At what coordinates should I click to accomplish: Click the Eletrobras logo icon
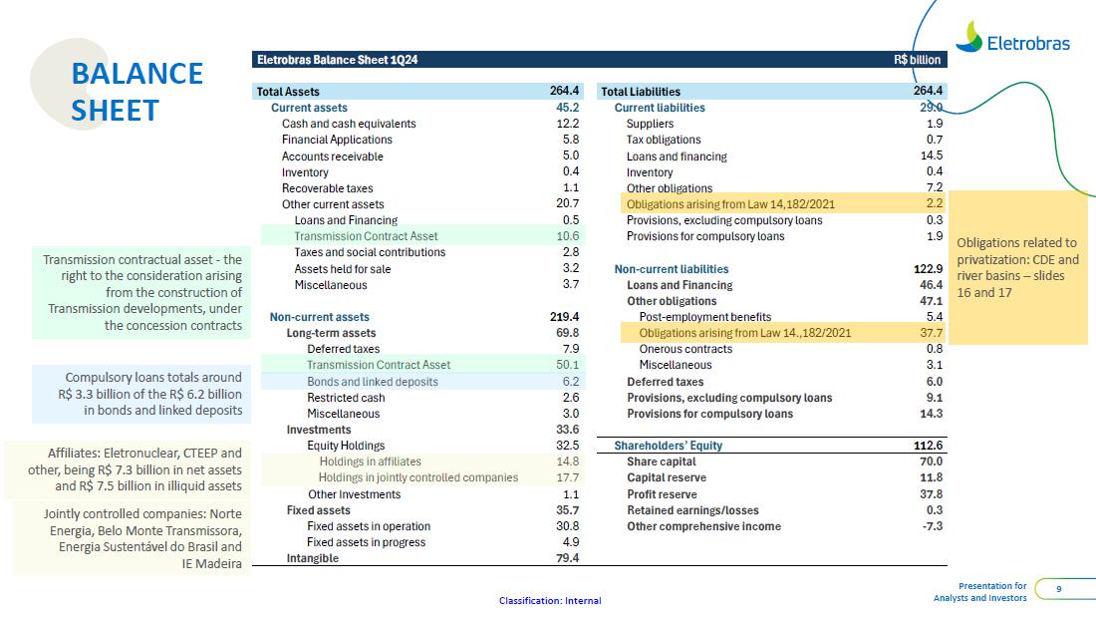point(968,37)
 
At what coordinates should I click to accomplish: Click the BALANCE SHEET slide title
point(137,92)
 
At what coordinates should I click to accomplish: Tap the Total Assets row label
point(288,92)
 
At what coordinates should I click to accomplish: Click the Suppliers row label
point(650,124)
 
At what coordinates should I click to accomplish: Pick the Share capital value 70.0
point(931,462)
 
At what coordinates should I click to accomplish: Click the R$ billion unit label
point(917,60)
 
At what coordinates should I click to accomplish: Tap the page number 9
point(1058,589)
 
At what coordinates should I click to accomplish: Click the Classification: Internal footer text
point(550,601)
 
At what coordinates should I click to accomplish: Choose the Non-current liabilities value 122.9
point(928,269)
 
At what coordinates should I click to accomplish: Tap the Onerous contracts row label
point(685,349)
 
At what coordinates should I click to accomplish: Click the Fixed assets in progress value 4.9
point(570,542)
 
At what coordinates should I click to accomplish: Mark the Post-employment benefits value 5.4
point(934,317)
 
